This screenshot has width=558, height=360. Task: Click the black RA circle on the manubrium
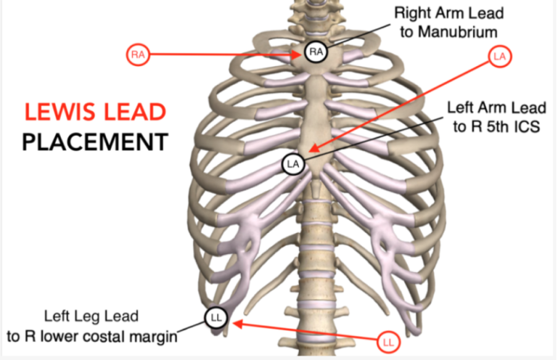pos(315,52)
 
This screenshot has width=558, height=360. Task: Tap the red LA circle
pos(499,55)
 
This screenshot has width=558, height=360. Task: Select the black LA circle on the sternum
pos(294,163)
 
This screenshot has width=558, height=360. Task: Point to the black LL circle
pos(216,318)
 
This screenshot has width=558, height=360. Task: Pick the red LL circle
pos(388,343)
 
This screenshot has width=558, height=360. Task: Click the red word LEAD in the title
pos(134,112)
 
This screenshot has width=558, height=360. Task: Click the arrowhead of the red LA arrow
pos(310,153)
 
